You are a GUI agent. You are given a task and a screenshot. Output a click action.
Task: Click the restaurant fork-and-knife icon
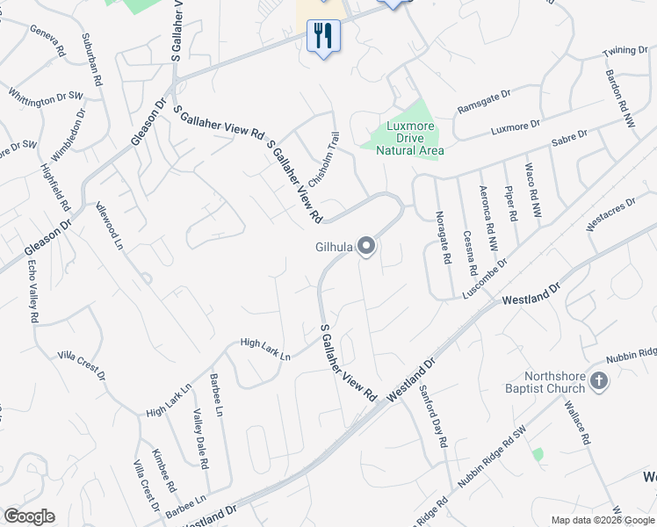(323, 36)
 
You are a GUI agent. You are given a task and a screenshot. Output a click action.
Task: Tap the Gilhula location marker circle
(366, 248)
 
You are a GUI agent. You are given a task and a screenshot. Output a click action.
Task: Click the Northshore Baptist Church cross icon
(599, 381)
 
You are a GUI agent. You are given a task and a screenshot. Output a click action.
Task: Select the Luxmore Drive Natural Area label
(410, 138)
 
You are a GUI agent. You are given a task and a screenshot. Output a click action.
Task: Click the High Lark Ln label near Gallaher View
(265, 349)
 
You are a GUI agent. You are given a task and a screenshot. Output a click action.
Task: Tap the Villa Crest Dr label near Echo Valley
(82, 365)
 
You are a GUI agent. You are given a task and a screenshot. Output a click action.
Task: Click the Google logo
(30, 516)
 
